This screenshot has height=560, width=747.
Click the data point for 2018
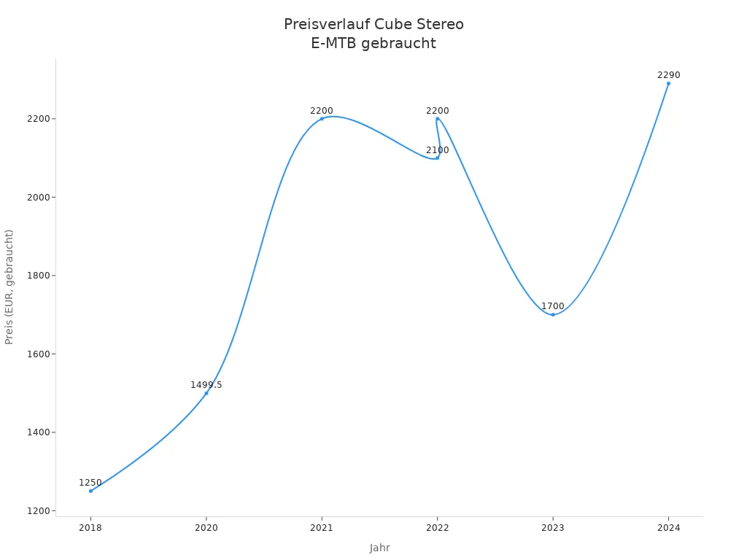click(90, 491)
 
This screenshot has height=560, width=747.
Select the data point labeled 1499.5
click(206, 393)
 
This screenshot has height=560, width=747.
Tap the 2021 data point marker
click(322, 119)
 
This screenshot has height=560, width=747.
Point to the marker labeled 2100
click(437, 157)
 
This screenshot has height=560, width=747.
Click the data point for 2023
click(553, 314)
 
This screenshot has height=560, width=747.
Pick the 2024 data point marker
click(668, 83)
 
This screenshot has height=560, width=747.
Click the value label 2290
click(668, 75)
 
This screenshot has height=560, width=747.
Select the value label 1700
click(552, 306)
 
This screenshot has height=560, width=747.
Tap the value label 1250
click(90, 483)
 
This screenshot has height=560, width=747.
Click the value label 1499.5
click(206, 385)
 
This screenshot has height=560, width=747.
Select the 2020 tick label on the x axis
click(206, 527)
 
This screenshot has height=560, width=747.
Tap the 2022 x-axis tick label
click(437, 527)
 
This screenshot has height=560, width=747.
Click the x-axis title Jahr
click(379, 548)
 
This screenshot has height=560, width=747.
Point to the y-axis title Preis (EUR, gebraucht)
click(9, 287)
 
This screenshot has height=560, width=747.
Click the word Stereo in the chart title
click(436, 25)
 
